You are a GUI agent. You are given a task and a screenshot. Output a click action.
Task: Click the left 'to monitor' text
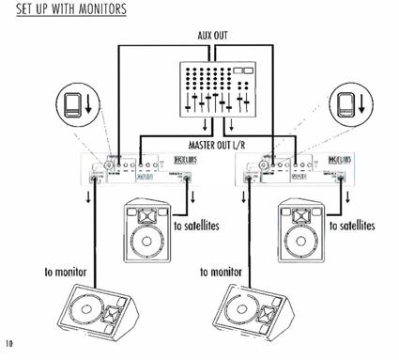[65, 272]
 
